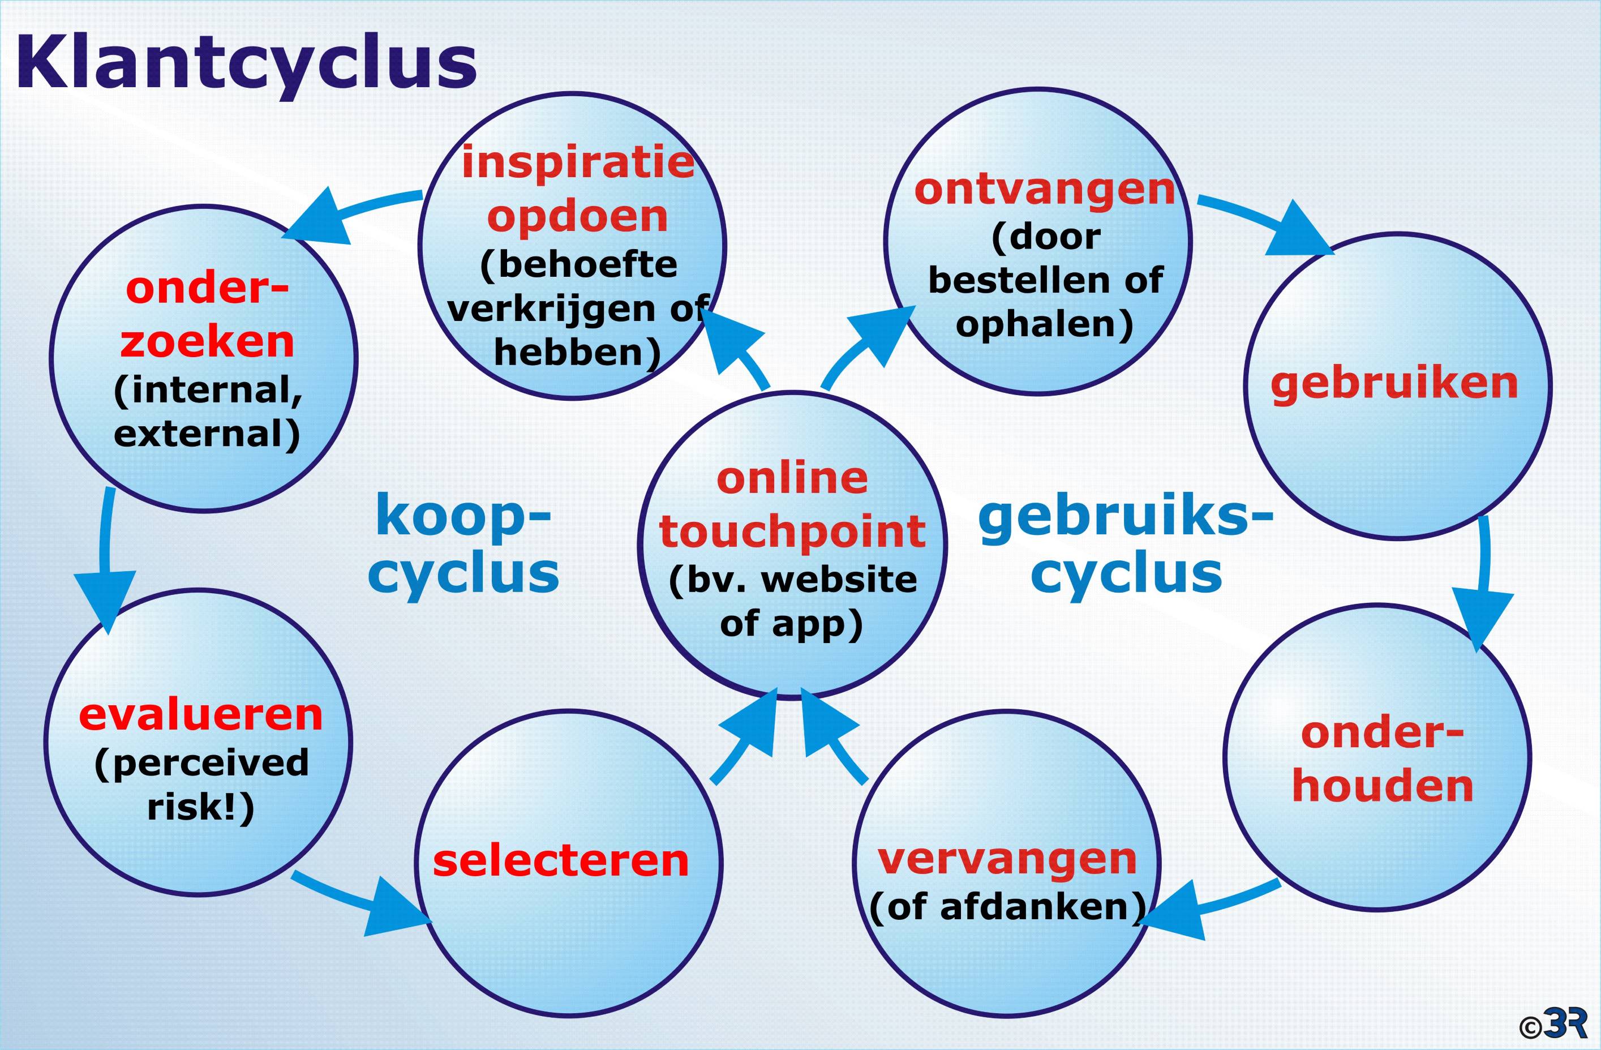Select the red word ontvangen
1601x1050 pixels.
[1044, 190]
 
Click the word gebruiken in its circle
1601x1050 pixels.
[1394, 383]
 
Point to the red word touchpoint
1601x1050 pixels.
[792, 532]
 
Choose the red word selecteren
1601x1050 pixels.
[560, 861]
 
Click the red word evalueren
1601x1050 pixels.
[200, 714]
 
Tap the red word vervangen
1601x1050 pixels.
[1007, 859]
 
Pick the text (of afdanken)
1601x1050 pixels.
[1007, 907]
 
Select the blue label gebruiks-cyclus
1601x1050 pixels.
[1126, 546]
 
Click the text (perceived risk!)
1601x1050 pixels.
[201, 785]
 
